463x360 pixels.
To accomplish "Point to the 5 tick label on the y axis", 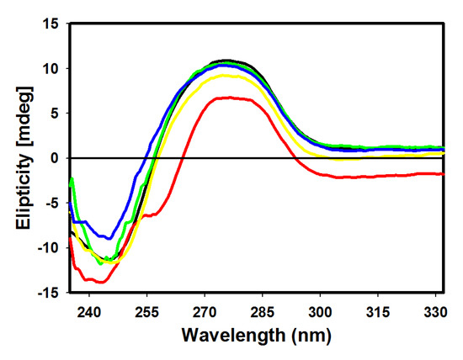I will click(x=53, y=113).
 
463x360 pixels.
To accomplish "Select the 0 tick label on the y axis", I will click(x=53, y=157).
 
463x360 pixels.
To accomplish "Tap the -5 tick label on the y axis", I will click(x=50, y=203).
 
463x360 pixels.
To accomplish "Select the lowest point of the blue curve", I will click(x=108, y=239).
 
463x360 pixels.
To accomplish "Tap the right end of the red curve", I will click(x=443, y=173).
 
